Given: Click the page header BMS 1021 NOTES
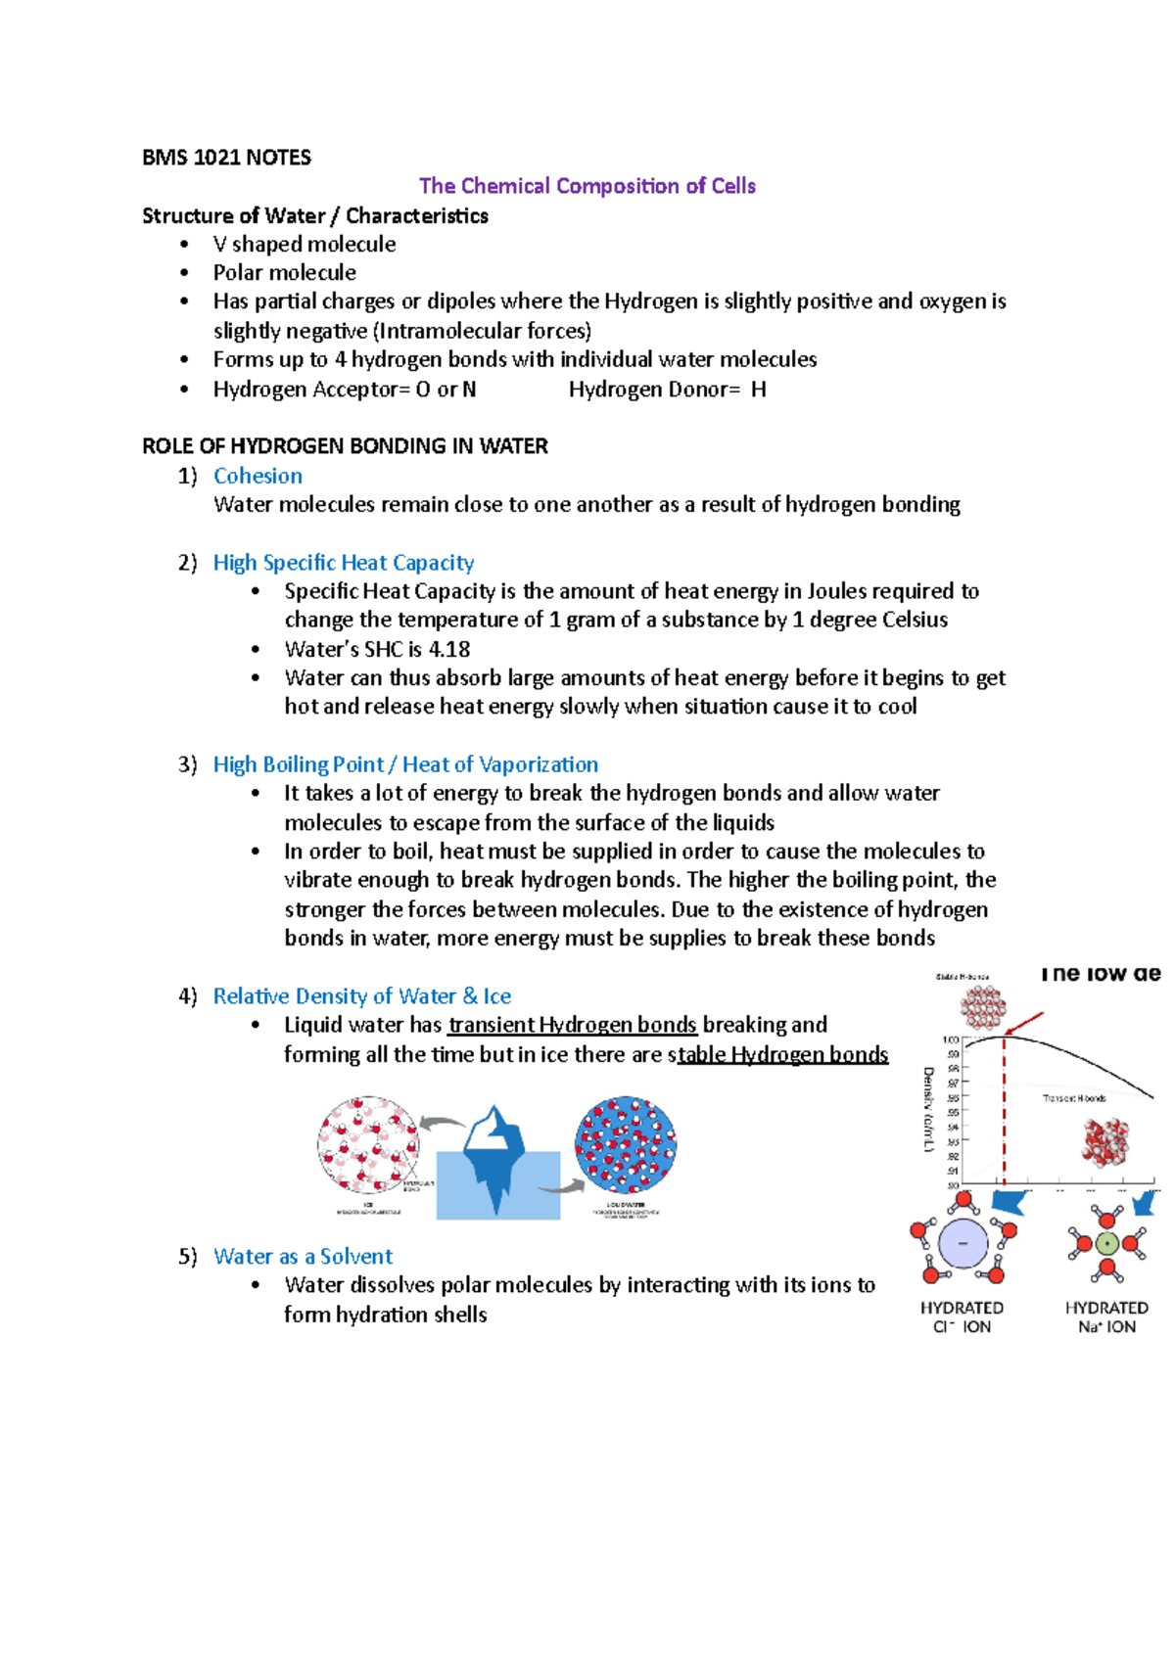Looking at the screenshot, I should tap(226, 158).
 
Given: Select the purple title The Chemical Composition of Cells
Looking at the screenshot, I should tap(587, 186).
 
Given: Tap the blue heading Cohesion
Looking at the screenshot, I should tap(258, 476).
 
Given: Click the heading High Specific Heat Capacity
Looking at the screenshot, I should tap(343, 563).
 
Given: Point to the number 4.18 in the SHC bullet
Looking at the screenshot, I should tap(449, 649).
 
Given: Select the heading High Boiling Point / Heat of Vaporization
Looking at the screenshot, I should tap(405, 764).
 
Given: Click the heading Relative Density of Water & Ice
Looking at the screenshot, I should tap(361, 996).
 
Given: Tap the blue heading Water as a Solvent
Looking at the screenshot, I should tap(303, 1257).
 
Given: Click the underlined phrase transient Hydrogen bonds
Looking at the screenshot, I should tap(572, 1025).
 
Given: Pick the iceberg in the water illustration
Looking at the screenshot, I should tap(495, 1155).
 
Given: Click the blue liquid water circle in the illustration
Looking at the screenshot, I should tap(626, 1144).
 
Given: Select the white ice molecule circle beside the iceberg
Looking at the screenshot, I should tap(368, 1144).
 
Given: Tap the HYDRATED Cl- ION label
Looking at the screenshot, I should tap(962, 1317).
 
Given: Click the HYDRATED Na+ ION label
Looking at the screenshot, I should tap(1106, 1317).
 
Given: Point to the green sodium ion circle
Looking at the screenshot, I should tap(1106, 1244).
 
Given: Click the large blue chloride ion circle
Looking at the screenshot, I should tap(963, 1243).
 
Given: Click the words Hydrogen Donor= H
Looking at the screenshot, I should tap(667, 390).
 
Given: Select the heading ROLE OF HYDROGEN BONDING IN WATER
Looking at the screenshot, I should tap(345, 446).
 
